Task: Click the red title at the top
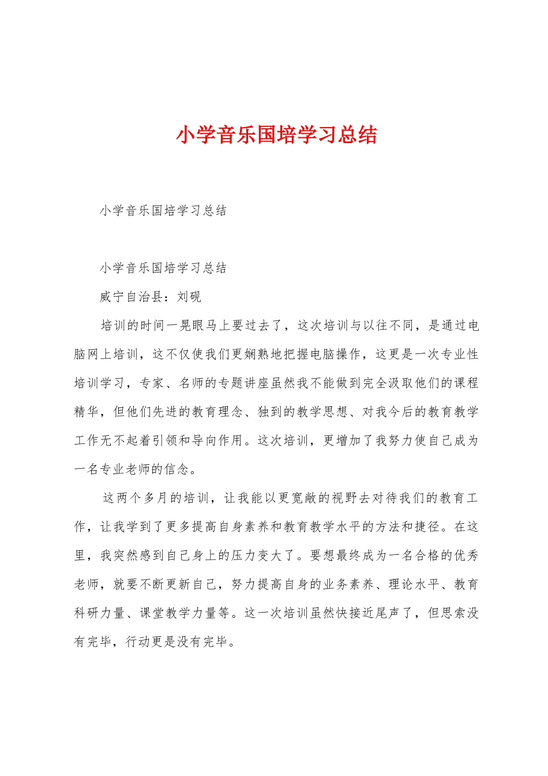[276, 135]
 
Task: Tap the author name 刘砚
[189, 297]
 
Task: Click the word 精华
[87, 412]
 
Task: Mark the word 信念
[177, 469]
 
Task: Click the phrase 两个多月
[142, 498]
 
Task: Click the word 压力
[244, 555]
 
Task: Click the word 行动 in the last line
[140, 641]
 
